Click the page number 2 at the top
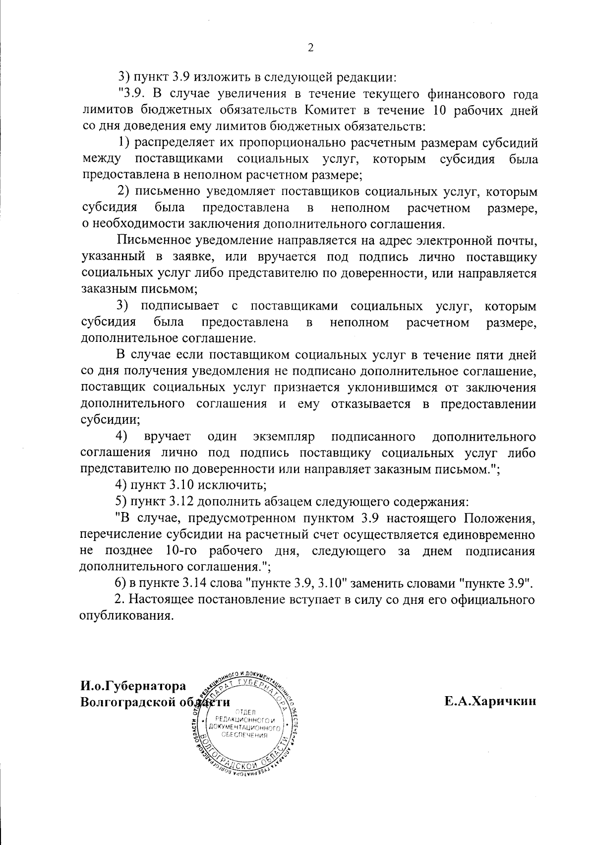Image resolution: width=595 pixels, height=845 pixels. [x=310, y=48]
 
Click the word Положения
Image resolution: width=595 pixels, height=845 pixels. [x=499, y=518]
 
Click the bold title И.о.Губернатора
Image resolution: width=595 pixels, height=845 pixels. [x=133, y=686]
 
